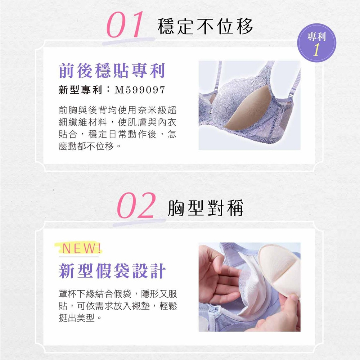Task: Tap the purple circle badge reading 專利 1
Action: click(x=316, y=43)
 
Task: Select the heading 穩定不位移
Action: click(x=205, y=26)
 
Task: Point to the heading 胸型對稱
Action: click(x=206, y=208)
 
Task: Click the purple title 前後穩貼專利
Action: click(x=112, y=71)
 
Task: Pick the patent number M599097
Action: click(x=140, y=90)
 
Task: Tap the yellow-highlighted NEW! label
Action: click(x=78, y=248)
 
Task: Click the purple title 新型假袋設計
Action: click(x=112, y=271)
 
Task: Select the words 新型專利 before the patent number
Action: click(x=80, y=90)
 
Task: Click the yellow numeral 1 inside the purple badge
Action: click(x=316, y=49)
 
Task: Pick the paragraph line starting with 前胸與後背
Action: click(x=117, y=110)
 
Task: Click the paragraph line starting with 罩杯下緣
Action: click(x=118, y=294)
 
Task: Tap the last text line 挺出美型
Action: click(x=80, y=318)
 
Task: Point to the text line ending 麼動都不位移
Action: click(x=90, y=146)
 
